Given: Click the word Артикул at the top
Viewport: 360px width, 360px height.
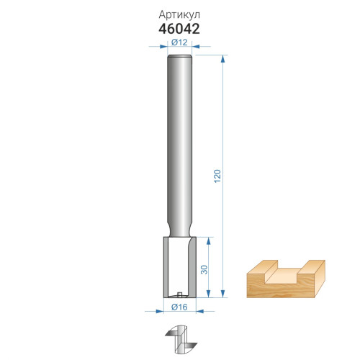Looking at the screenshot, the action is click(x=179, y=15).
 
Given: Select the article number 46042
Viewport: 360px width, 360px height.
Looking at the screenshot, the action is click(x=179, y=29).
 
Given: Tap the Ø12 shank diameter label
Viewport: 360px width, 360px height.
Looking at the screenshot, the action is click(x=179, y=42).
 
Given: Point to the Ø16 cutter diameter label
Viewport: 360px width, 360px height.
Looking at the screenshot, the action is click(x=179, y=307).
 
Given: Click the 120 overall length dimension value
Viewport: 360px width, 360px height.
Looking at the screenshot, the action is click(x=217, y=176).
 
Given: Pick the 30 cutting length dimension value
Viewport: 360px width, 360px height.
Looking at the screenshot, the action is click(x=204, y=270).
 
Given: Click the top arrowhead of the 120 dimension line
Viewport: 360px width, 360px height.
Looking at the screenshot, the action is click(x=223, y=59).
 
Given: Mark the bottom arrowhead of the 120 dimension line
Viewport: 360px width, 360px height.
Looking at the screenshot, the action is click(x=223, y=294).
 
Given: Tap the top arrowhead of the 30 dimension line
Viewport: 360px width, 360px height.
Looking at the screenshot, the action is click(x=208, y=241).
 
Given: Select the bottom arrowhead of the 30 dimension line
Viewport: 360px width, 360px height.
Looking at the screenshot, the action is click(x=208, y=294).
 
